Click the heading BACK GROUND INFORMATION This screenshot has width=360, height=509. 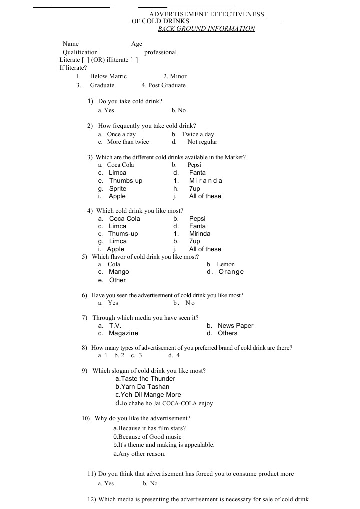(206, 29)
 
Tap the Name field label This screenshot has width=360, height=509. (70, 44)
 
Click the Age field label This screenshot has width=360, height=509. (137, 44)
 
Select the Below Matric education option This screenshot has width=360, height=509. (108, 76)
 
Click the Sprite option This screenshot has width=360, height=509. (118, 189)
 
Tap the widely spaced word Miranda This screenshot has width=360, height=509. (205, 181)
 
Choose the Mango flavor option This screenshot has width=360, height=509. (119, 272)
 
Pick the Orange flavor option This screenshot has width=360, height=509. (231, 272)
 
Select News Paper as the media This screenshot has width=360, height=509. (235, 326)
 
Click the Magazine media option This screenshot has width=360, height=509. (123, 333)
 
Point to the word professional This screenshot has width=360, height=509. (160, 52)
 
